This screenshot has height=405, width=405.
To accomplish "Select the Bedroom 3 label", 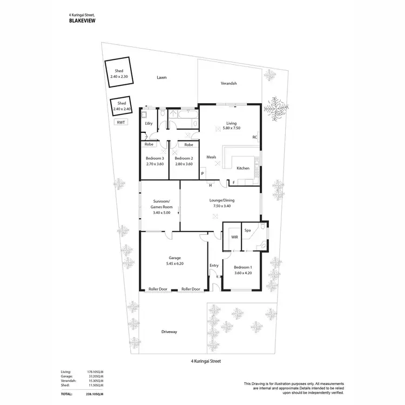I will coord(154,158).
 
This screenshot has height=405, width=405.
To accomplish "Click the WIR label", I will coord(234,236).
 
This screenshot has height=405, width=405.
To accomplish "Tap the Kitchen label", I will coord(243,168).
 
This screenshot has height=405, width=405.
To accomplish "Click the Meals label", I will coord(212,157).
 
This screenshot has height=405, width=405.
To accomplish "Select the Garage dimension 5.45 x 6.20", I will coord(174,264).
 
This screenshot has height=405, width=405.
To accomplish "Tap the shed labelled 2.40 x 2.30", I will coord(119,74).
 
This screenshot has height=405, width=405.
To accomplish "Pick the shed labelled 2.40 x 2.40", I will coord(122,106).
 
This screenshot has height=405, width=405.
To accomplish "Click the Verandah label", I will coord(229,84).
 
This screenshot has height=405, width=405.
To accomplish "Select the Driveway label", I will coord(169,332).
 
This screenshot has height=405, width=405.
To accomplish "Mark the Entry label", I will coord(214,265).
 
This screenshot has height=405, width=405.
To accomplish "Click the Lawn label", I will coord(161,77).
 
